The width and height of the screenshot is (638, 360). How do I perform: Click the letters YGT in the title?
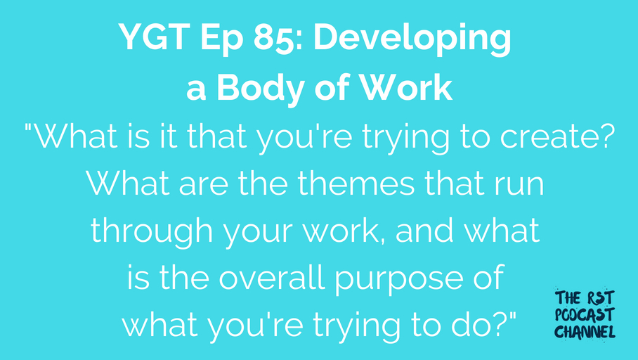point(154,37)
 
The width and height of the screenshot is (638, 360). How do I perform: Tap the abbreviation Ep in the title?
point(221,40)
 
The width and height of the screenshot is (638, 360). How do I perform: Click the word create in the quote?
point(551,137)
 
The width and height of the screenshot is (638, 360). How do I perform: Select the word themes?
point(356,184)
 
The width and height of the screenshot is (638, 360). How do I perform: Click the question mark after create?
point(608,136)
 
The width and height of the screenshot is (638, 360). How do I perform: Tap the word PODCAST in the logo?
point(585,315)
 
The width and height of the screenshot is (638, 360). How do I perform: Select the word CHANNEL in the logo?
point(585,331)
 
